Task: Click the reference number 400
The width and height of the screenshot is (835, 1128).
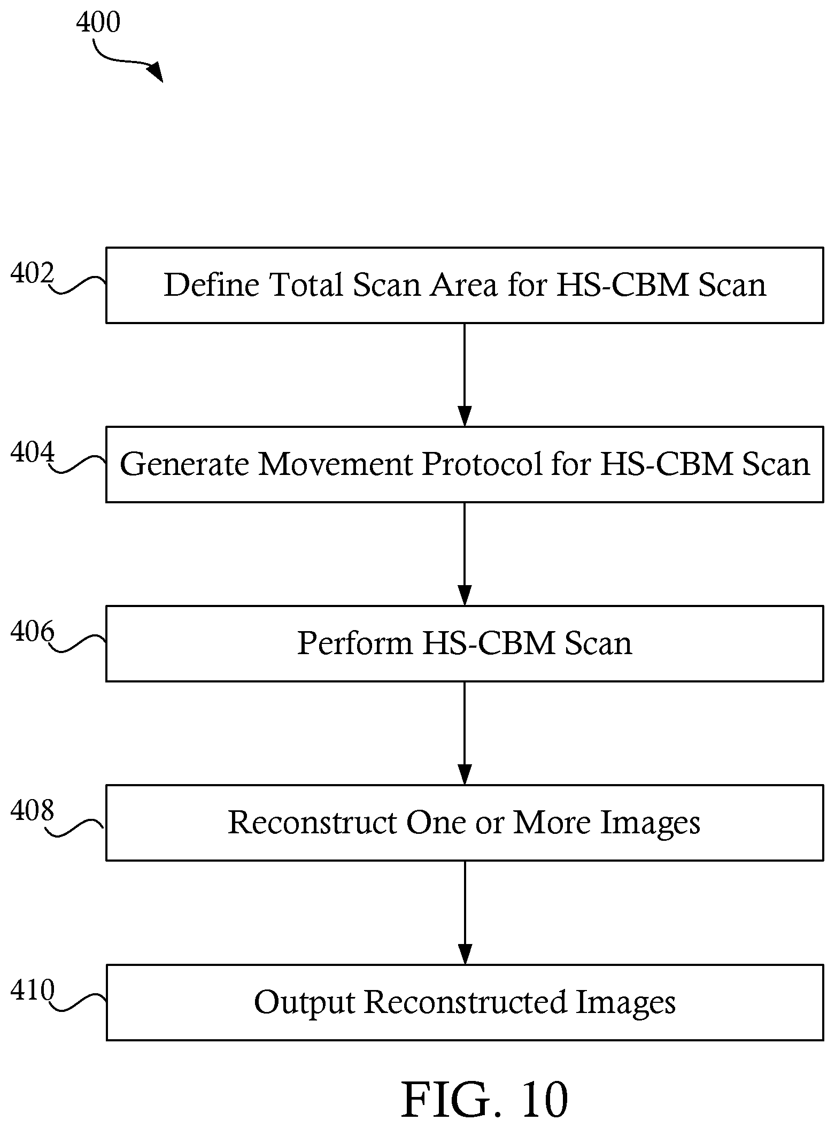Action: click(x=98, y=22)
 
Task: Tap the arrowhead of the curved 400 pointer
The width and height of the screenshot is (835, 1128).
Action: click(x=156, y=72)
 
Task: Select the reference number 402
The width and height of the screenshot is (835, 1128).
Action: click(x=33, y=274)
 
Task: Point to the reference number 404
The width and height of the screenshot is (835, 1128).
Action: click(x=33, y=453)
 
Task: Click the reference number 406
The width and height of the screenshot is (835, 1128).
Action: click(x=33, y=632)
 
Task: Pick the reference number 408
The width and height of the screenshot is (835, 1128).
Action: click(x=33, y=811)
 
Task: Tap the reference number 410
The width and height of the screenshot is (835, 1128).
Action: click(x=33, y=990)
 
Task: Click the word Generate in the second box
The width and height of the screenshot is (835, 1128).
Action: click(x=185, y=464)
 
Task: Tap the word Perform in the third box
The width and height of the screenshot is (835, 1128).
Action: click(x=355, y=642)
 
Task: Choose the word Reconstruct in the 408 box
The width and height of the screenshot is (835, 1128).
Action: click(x=313, y=822)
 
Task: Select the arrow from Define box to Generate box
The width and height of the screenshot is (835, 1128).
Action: click(x=465, y=374)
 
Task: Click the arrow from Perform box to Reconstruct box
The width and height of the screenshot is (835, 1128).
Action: click(x=465, y=733)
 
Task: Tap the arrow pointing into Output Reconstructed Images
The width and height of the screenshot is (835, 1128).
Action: click(x=465, y=912)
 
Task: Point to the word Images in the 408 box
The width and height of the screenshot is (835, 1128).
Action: click(x=650, y=823)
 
